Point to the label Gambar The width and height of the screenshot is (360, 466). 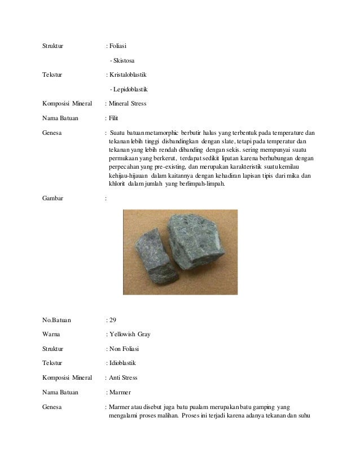53,199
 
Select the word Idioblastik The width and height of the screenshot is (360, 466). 122,363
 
